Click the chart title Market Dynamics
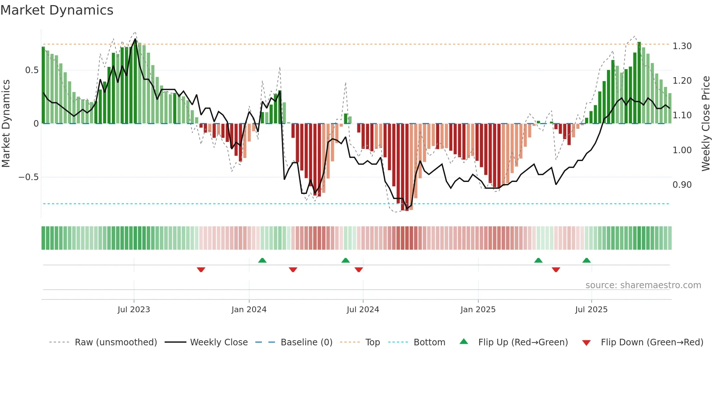point(57,10)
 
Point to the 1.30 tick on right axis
point(682,46)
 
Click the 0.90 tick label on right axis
point(682,185)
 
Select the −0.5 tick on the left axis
point(28,177)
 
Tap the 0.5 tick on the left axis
point(32,70)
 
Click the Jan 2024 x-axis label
point(249,310)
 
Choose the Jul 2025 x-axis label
point(591,310)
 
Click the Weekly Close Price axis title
point(705,123)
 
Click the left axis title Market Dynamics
point(6,123)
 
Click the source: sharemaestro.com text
point(643,285)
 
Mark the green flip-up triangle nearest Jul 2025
point(586,260)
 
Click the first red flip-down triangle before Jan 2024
point(201,270)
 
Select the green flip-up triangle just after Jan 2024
point(262,260)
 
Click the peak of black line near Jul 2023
point(135,39)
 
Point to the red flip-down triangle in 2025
point(556,270)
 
